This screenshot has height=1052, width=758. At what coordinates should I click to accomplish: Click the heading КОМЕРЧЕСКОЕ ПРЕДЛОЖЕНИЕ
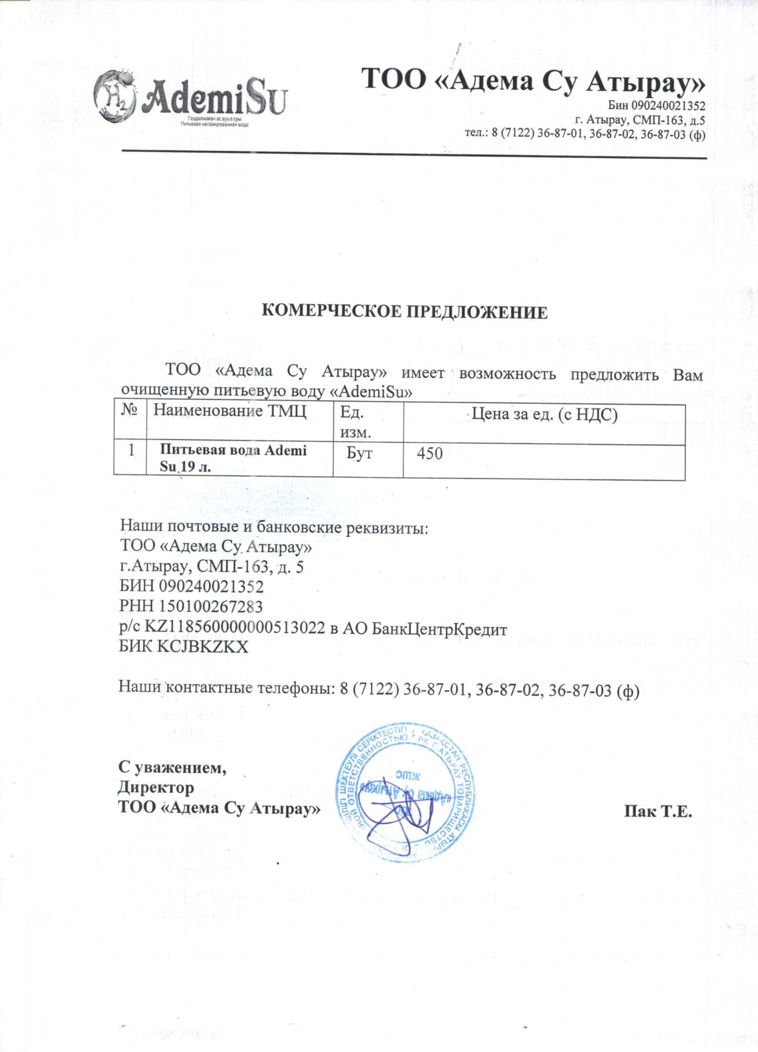point(404,312)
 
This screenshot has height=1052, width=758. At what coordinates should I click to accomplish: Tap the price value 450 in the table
point(430,454)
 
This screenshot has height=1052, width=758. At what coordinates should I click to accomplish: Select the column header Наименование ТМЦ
point(230,411)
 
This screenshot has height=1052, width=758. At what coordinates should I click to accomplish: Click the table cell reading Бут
point(359,454)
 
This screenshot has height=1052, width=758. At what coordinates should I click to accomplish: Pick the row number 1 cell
point(131,450)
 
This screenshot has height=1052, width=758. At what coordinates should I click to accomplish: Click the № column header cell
point(129,410)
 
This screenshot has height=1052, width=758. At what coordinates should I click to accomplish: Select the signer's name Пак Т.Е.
point(658,811)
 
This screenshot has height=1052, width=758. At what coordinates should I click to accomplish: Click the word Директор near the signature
point(156,787)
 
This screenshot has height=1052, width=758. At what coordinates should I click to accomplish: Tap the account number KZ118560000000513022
point(235,627)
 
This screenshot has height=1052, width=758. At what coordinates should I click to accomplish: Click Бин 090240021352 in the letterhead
point(656,106)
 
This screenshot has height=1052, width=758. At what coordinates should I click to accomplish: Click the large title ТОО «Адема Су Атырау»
point(533,80)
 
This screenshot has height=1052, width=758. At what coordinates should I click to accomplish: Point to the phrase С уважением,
point(172,767)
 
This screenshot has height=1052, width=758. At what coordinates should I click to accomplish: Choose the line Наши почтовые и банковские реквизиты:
point(274,527)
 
